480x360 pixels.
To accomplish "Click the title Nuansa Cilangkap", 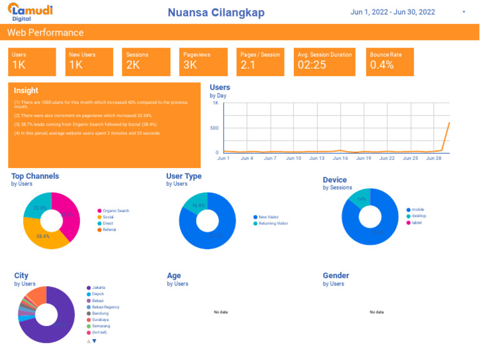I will pos(216,12).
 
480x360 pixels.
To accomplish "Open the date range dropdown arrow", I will pos(463,12).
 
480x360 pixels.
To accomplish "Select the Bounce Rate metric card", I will pos(389,61).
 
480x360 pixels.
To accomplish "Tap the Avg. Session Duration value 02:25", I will pos(312,65).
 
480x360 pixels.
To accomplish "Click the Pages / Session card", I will pos(261,61).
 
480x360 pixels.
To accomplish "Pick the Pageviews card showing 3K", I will pos(203,61).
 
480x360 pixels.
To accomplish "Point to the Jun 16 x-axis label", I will pos(341,158).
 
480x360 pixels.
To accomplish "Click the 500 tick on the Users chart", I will pos(214,128).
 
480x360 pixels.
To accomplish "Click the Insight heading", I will pos(26,91).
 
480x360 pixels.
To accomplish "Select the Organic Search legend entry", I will pos(116,211).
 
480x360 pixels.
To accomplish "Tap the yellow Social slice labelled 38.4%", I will pos(43,236).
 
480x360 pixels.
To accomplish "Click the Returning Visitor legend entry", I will pos(273,223).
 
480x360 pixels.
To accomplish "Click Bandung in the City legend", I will pos(100,313).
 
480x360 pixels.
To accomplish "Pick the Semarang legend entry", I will pos(101,326).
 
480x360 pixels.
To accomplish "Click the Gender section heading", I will pos(336,276).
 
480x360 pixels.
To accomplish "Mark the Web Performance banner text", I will pos(45,32).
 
